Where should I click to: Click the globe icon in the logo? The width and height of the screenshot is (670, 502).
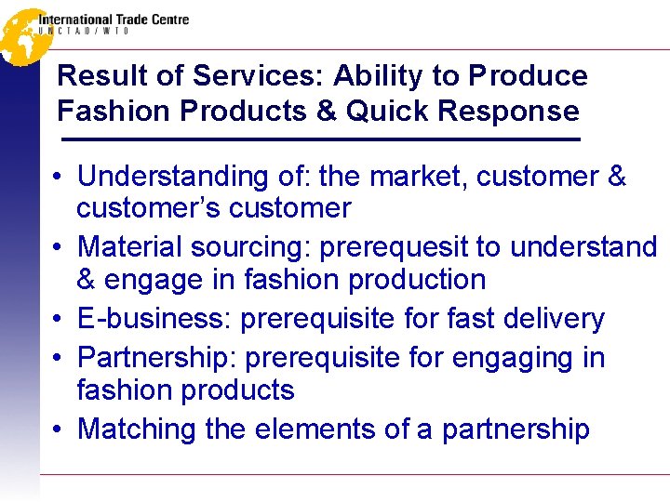coord(21,35)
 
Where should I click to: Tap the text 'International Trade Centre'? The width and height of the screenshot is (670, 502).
coord(114,19)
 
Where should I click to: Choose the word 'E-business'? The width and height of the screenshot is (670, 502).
coord(154,319)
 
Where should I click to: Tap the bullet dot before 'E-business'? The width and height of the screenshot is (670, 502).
coord(58,320)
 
